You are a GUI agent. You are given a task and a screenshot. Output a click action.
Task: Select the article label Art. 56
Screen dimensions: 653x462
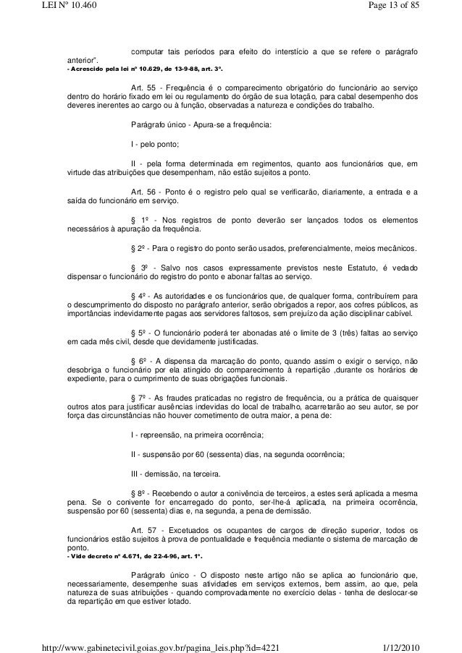[140, 192]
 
